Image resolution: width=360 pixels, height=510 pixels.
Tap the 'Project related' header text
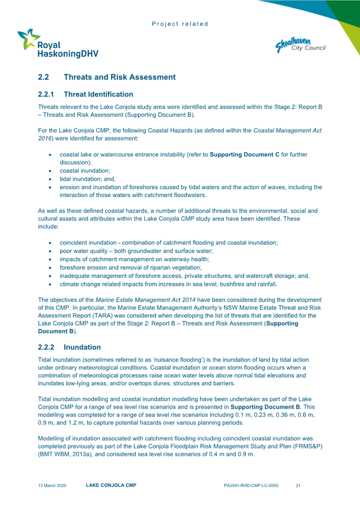pos(180,24)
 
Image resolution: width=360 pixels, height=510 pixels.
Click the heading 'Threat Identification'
pos(98,95)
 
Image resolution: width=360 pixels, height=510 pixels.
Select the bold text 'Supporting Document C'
pos(244,155)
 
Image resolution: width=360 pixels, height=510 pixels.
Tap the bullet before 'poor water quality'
pos(49,251)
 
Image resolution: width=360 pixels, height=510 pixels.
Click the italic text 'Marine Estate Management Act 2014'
pos(145,300)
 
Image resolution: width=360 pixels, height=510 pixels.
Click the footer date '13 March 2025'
pos(52,486)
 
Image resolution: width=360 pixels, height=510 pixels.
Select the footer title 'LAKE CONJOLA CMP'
pos(111,486)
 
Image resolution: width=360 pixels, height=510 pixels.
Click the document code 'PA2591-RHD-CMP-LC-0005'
pos(251,486)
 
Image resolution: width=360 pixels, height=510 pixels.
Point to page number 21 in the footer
pos(298,486)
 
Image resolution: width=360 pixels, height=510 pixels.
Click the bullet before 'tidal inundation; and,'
pos(49,179)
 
